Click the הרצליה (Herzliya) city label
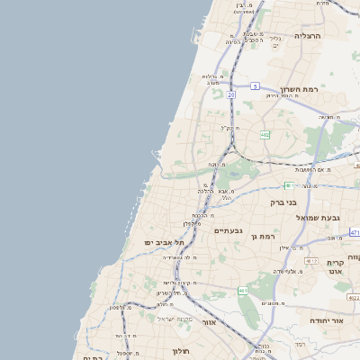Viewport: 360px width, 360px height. tap(308, 37)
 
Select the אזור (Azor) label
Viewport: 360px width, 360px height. tap(209, 321)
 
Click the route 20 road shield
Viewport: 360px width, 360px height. tap(231, 94)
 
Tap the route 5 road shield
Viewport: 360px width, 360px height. tap(255, 86)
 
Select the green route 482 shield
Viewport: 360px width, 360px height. tap(265, 135)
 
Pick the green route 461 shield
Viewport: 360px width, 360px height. tap(242, 291)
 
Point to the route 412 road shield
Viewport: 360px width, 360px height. tap(311, 261)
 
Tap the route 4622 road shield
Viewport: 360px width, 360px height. tap(353, 296)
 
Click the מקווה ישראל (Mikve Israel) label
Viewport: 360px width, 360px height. tap(175, 319)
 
